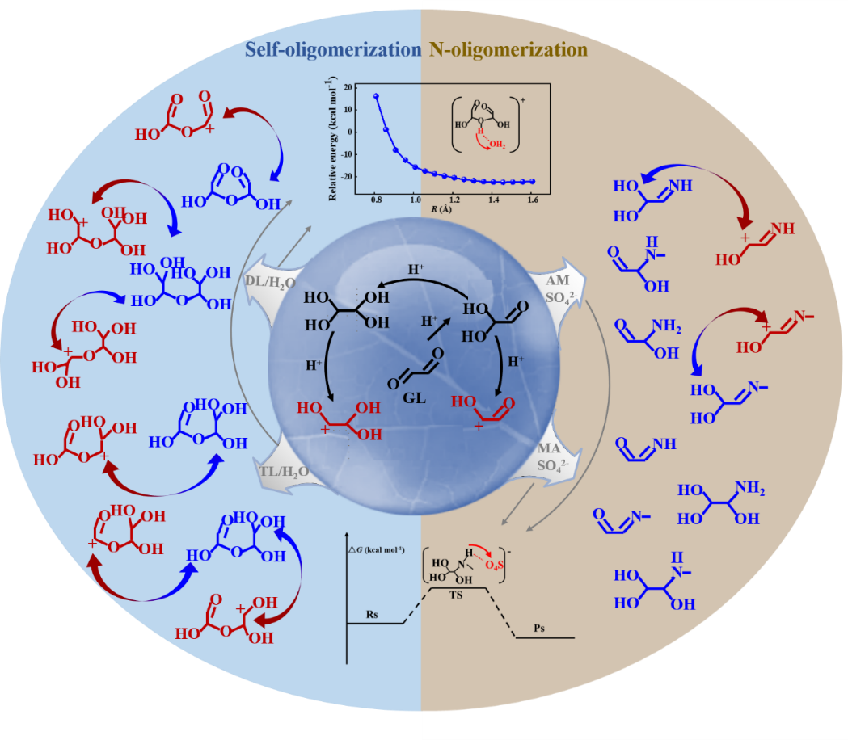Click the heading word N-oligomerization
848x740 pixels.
pos(508,50)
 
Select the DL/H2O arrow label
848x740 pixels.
pos(271,281)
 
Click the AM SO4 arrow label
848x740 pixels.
pos(559,286)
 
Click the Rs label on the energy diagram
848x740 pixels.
pos(373,615)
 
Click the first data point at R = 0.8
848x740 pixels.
pos(376,96)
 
